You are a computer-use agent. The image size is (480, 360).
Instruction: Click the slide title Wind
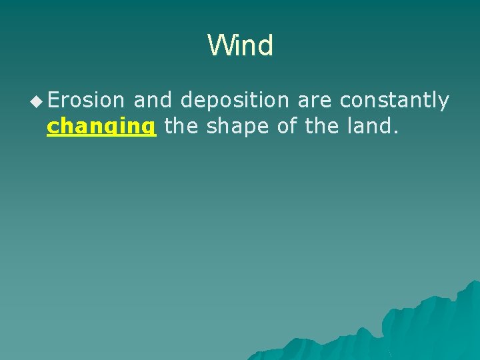(240, 46)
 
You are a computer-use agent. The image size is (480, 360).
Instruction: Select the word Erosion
(86, 100)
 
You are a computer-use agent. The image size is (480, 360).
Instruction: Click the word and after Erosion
(152, 100)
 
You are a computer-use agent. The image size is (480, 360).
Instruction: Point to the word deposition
(235, 101)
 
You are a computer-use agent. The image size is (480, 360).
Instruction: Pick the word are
(315, 101)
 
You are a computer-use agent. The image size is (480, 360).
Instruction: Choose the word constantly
(394, 101)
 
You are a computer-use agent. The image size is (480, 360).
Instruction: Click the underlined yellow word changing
(101, 126)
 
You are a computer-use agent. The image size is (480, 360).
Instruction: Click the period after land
(397, 131)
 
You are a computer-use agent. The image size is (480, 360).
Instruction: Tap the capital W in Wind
(219, 46)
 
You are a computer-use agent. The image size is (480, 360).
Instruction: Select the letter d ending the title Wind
(265, 46)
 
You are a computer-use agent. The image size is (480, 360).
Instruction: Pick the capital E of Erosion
(53, 100)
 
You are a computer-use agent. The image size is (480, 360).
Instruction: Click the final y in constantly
(443, 103)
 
